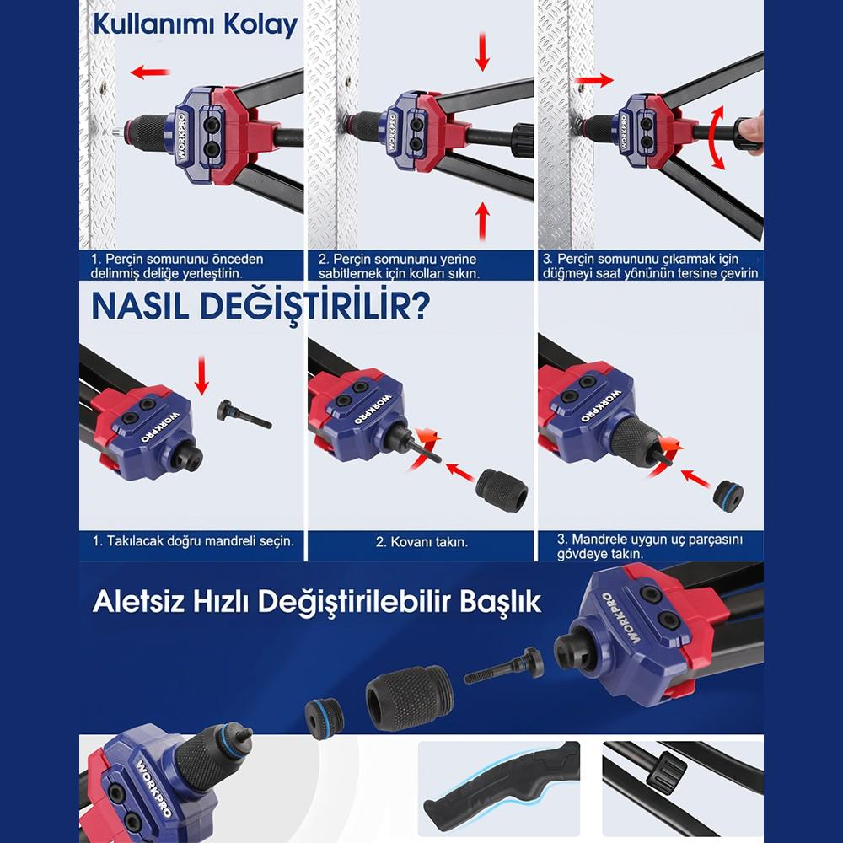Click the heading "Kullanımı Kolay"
[195, 24]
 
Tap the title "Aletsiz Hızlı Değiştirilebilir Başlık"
[317, 604]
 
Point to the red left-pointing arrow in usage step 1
[148, 73]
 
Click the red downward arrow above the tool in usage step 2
[483, 52]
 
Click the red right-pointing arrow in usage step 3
[594, 80]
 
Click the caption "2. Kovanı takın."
[421, 541]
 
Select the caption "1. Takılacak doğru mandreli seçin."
[193, 540]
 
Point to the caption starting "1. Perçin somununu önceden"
[178, 266]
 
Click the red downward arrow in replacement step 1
[201, 374]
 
